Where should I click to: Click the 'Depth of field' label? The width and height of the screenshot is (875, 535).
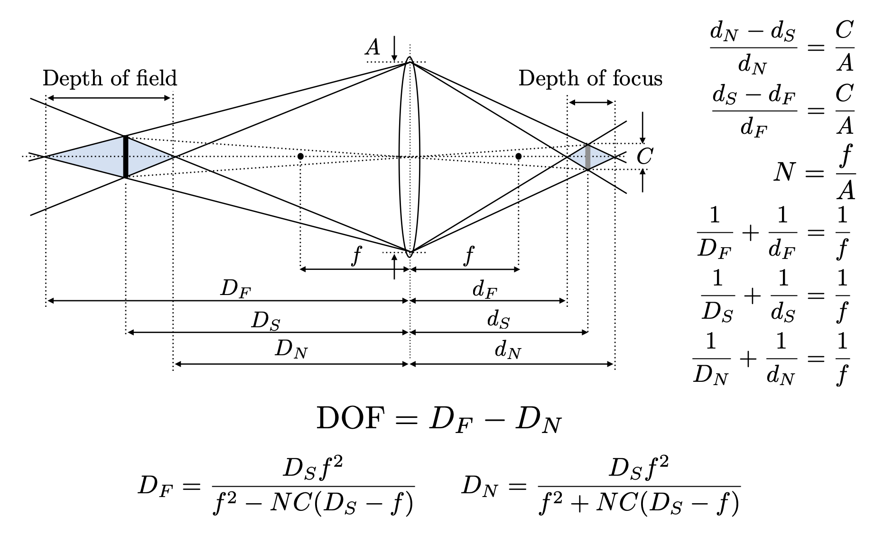pyautogui.click(x=110, y=78)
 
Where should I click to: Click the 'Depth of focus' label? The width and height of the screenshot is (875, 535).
pyautogui.click(x=590, y=78)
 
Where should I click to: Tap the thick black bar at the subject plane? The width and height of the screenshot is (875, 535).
pyautogui.click(x=126, y=157)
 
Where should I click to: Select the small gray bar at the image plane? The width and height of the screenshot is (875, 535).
pyautogui.click(x=588, y=157)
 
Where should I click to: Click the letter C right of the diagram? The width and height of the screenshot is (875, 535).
pyautogui.click(x=644, y=156)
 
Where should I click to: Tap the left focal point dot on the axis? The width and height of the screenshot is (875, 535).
pyautogui.click(x=300, y=156)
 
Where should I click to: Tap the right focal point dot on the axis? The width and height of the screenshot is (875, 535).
pyautogui.click(x=519, y=156)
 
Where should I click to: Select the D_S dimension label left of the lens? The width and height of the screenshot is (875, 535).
pyautogui.click(x=265, y=321)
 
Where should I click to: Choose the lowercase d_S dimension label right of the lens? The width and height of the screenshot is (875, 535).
pyautogui.click(x=498, y=321)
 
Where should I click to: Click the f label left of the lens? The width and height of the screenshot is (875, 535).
pyautogui.click(x=356, y=257)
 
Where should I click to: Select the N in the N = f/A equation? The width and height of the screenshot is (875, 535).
pyautogui.click(x=783, y=172)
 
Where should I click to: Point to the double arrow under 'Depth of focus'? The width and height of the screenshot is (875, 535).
pyautogui.click(x=591, y=102)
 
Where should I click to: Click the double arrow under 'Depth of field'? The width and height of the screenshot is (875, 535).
pyautogui.click(x=109, y=98)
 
